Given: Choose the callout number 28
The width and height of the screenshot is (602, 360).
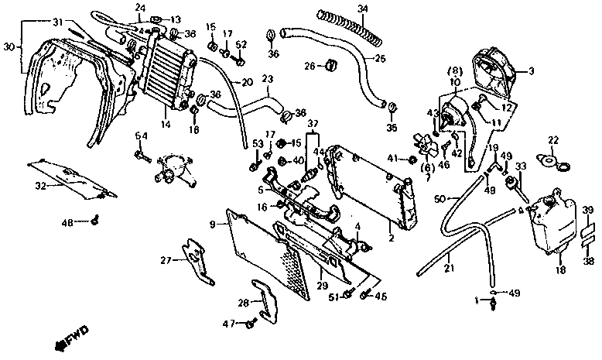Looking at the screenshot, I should click(243, 302).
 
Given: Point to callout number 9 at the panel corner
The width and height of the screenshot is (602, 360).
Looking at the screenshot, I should click(211, 224).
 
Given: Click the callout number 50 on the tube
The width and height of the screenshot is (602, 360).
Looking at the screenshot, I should click(440, 199).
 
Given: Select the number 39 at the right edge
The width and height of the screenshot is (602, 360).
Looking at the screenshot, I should click(588, 211).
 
